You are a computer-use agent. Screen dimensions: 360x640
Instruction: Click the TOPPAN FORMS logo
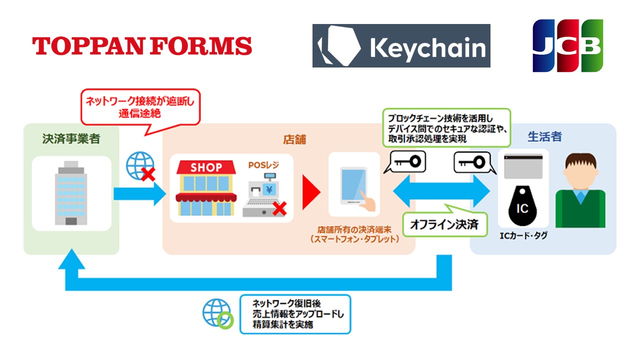pyautogui.click(x=142, y=46)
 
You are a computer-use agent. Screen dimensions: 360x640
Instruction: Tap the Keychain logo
pyautogui.click(x=401, y=45)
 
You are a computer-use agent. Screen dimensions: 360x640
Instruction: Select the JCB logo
pyautogui.click(x=567, y=45)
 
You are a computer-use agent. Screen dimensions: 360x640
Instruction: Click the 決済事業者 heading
pyautogui.click(x=71, y=139)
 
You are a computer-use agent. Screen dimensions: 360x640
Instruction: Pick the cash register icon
pyautogui.click(x=263, y=196)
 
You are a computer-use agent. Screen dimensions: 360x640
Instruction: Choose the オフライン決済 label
pyautogui.click(x=443, y=224)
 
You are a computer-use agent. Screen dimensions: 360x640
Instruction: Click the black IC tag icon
pyautogui.click(x=522, y=205)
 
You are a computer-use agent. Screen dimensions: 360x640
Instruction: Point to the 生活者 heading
pyautogui.click(x=544, y=136)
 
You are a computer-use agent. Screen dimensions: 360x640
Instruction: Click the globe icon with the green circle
pyautogui.click(x=217, y=313)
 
